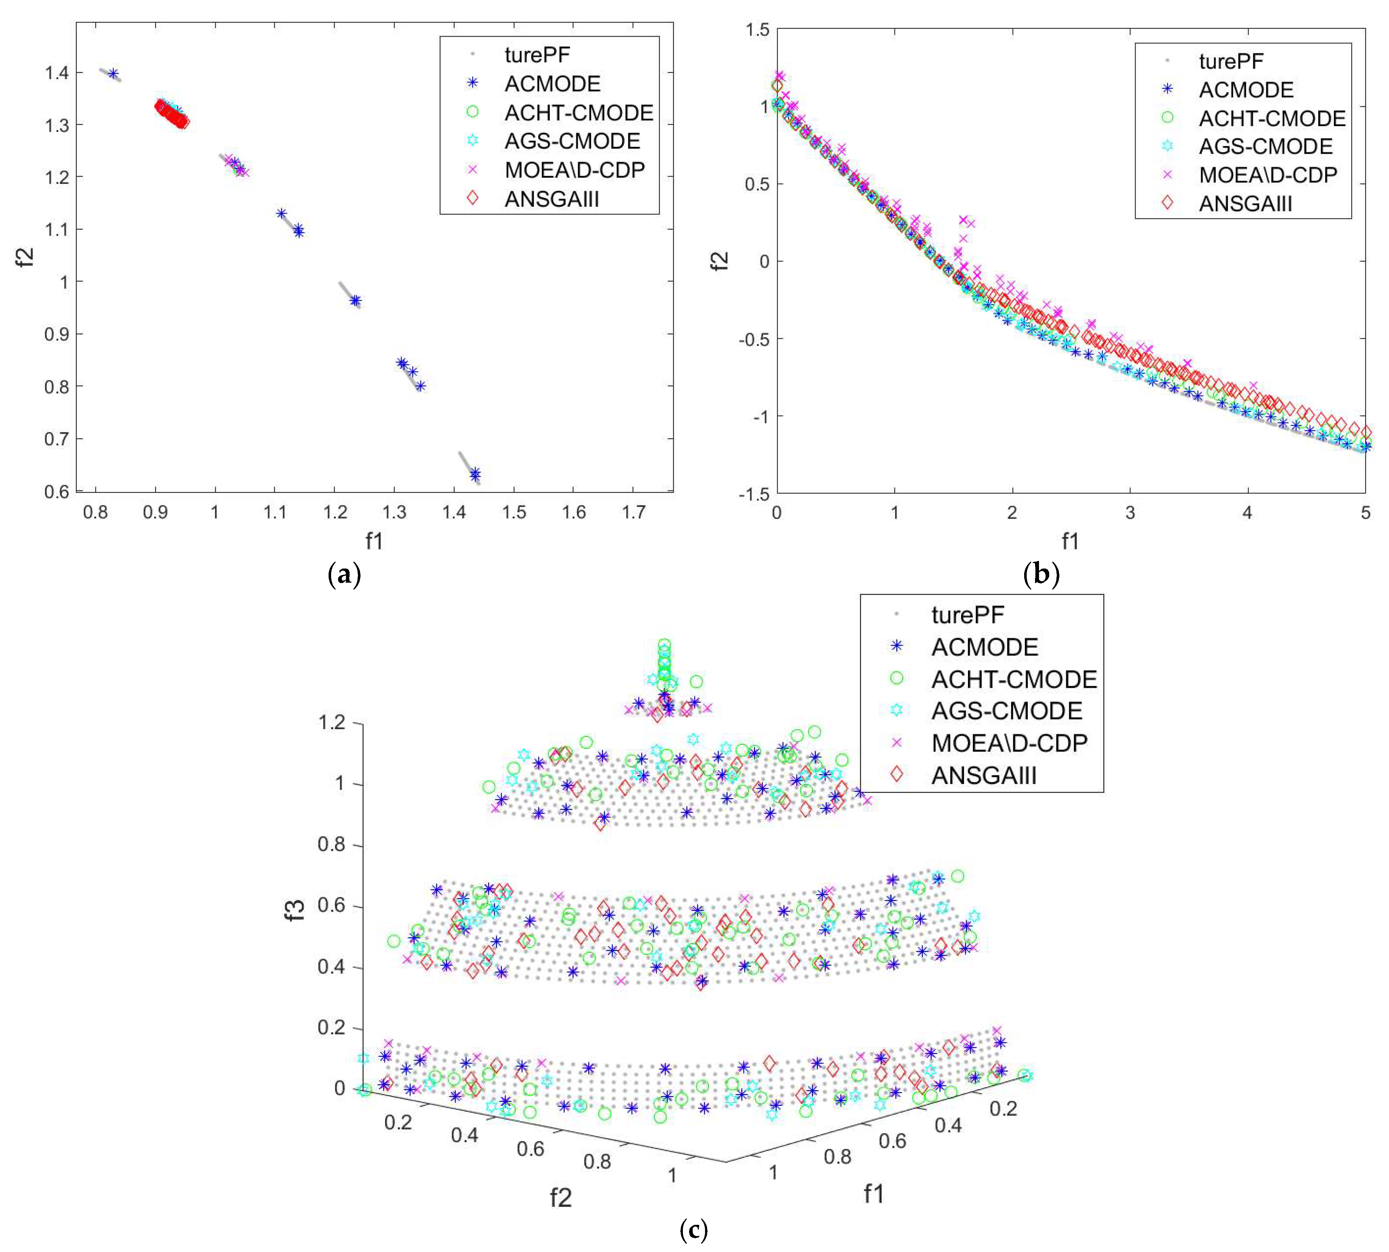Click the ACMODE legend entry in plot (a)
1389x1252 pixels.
pos(552,83)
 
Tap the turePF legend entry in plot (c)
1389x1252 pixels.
pos(967,614)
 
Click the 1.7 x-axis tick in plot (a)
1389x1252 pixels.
pos(634,512)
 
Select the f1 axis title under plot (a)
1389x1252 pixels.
pos(374,541)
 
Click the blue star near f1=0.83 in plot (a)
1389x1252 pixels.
pos(114,74)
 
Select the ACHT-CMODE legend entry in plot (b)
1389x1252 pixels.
pos(1271,118)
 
